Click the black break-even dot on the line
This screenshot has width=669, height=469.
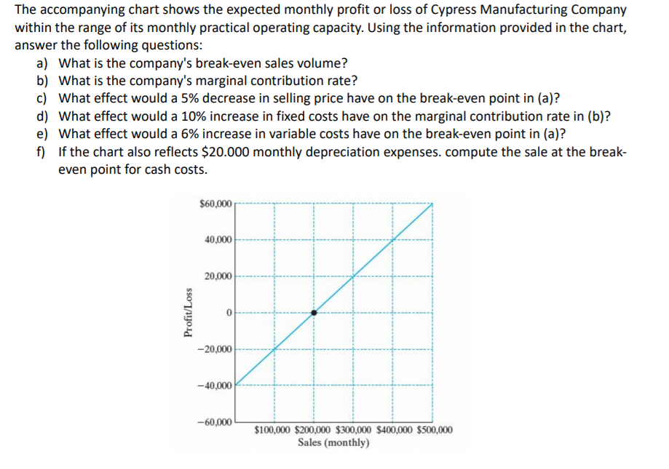[x=314, y=313]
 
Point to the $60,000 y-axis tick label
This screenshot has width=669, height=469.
[x=215, y=203]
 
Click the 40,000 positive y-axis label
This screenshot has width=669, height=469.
[x=218, y=239]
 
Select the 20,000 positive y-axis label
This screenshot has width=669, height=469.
[x=218, y=276]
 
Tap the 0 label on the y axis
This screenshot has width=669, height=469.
[x=229, y=313]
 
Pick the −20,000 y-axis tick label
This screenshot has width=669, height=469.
[x=215, y=350]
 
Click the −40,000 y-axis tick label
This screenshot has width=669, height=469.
[x=215, y=385]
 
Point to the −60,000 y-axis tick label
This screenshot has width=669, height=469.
[x=215, y=422]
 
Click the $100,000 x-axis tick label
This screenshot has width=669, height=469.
[x=274, y=430]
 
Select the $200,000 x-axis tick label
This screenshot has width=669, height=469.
[x=314, y=430]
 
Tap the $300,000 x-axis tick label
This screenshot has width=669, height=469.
[x=354, y=430]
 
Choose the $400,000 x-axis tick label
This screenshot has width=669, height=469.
[x=394, y=430]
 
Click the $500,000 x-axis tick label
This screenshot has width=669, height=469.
[x=435, y=430]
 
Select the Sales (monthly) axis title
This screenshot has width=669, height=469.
[x=334, y=442]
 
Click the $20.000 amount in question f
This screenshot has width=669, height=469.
[x=236, y=152]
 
